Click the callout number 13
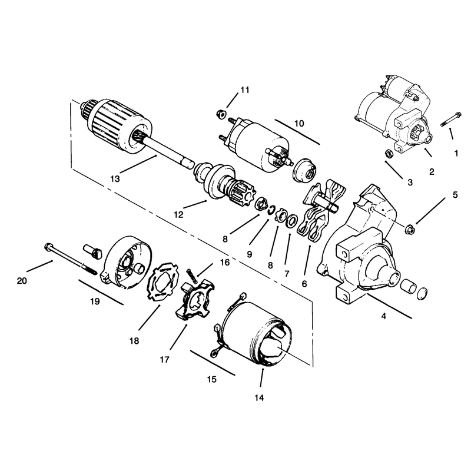(x=115, y=179)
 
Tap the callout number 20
(x=22, y=281)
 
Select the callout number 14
(x=259, y=398)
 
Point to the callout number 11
(x=245, y=90)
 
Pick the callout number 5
(x=455, y=195)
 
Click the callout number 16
(x=225, y=262)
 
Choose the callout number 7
(x=287, y=274)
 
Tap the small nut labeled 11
(x=221, y=114)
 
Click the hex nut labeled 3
(x=388, y=154)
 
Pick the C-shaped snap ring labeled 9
(x=272, y=210)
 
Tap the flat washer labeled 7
(x=291, y=222)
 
